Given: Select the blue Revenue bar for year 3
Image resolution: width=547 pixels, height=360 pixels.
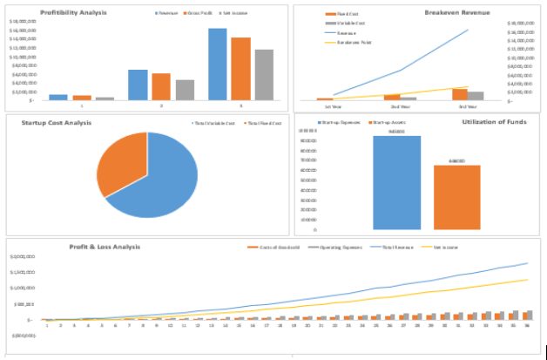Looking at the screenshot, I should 217,65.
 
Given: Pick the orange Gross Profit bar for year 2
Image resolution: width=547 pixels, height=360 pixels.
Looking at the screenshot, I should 161,86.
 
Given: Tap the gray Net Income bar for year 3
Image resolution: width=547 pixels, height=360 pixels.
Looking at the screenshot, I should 263,75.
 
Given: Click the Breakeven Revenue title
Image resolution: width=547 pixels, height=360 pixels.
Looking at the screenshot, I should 456,13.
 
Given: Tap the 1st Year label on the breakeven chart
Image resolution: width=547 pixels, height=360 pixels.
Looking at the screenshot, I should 334,106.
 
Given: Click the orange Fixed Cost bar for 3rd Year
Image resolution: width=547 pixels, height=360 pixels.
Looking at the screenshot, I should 460,93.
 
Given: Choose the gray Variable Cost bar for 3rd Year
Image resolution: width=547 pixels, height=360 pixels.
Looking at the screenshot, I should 476,95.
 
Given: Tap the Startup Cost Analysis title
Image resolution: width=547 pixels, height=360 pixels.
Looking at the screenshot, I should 56,123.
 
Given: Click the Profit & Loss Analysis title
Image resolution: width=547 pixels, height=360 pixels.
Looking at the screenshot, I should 105,247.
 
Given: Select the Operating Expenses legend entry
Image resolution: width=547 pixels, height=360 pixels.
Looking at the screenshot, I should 334,248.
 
